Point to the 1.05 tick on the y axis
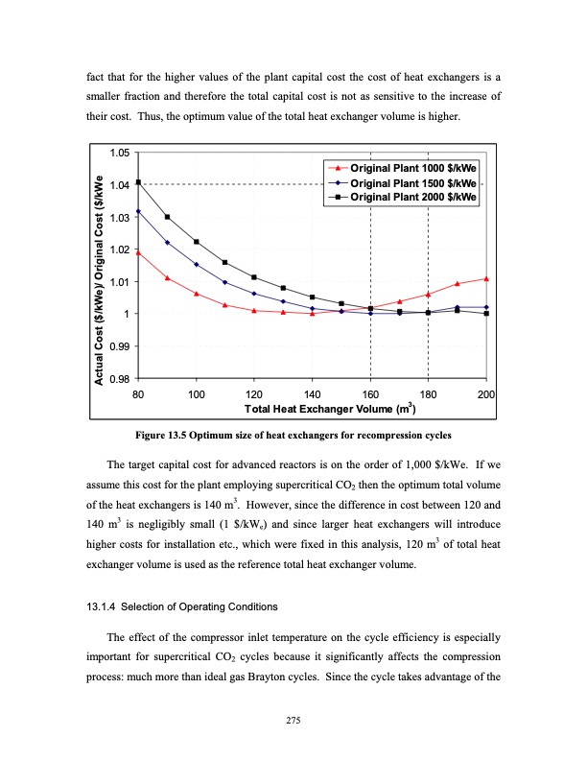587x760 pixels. tap(121, 153)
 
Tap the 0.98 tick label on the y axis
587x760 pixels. tap(121, 378)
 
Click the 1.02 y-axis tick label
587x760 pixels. tap(121, 249)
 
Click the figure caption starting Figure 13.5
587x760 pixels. tap(293, 437)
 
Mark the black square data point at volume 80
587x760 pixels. tap(138, 182)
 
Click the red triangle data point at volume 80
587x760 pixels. tap(138, 252)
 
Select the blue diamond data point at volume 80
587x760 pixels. tap(138, 211)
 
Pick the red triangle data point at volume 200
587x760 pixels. tap(486, 278)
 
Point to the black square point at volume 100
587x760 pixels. tap(197, 242)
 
